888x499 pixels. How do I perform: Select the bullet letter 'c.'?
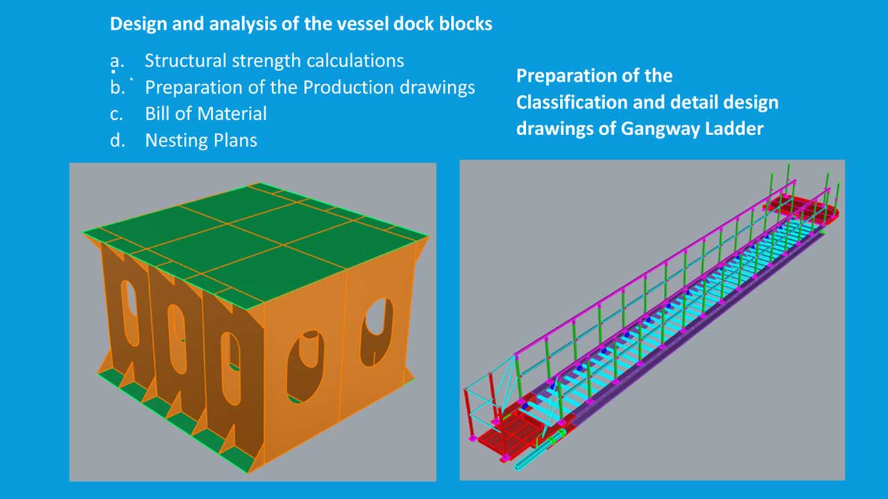click(x=116, y=113)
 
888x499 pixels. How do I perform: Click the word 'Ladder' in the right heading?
click(x=736, y=128)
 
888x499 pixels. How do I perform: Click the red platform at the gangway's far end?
click(x=805, y=209)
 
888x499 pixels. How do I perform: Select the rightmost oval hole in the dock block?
click(x=376, y=331)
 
